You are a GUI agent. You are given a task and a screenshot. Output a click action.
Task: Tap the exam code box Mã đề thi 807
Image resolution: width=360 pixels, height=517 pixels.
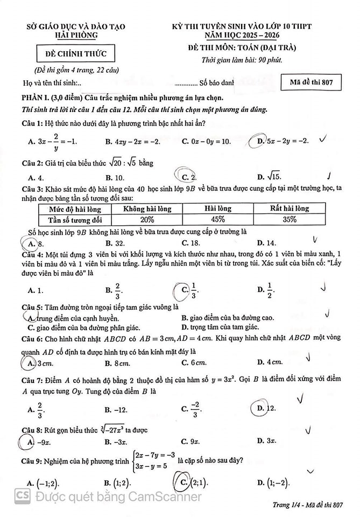(315, 82)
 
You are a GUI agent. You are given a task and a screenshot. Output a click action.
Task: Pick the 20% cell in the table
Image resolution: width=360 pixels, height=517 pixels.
(146, 220)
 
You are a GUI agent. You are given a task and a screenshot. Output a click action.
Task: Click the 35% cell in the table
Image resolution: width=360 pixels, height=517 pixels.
(289, 220)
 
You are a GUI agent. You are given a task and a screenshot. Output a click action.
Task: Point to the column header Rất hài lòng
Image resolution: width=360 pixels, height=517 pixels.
(289, 208)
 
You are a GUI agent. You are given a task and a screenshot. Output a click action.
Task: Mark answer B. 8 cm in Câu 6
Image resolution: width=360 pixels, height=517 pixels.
(118, 362)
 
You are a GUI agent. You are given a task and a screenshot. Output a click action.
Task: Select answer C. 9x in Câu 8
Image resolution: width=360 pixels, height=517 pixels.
(192, 442)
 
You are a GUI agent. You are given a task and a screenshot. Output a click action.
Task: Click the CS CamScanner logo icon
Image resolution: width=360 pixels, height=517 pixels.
(22, 495)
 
